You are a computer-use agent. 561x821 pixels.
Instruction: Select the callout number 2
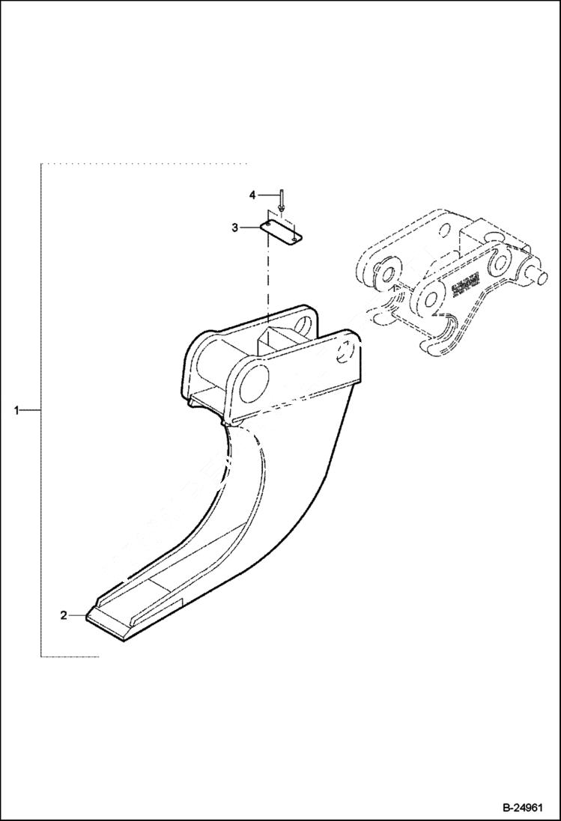[x=64, y=615]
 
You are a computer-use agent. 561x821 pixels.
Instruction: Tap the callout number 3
[x=234, y=227]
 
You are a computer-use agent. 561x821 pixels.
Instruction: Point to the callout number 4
[x=252, y=195]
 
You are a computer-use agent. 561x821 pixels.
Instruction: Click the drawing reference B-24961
[x=521, y=808]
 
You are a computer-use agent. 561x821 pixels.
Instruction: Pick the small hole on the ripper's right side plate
[x=348, y=351]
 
